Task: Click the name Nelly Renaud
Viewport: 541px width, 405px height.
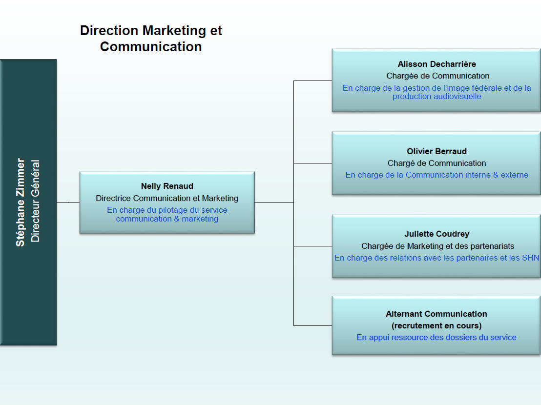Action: click(167, 186)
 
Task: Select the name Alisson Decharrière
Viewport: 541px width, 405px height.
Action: click(437, 64)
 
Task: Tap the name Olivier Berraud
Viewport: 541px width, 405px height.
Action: click(437, 151)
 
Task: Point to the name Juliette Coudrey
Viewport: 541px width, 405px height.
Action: click(437, 234)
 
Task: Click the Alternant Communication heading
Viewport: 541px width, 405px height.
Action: click(437, 314)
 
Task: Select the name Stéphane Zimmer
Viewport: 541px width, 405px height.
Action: click(21, 202)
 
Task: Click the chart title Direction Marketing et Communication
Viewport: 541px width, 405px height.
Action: click(151, 39)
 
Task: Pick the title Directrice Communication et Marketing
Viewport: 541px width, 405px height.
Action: click(167, 198)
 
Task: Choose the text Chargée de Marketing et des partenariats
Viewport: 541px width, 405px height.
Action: click(437, 246)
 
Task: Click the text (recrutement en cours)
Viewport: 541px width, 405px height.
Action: click(437, 325)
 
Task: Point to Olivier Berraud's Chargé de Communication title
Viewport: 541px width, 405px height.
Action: click(437, 163)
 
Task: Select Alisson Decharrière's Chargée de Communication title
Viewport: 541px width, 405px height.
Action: click(437, 76)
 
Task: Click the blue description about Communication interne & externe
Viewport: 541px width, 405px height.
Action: click(437, 175)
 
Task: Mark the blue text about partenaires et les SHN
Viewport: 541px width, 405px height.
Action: click(437, 258)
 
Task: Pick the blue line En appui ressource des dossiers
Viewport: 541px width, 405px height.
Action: click(437, 337)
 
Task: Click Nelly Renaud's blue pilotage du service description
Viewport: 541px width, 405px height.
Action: click(167, 214)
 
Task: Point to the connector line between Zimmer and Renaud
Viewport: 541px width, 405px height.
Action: click(68, 202)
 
